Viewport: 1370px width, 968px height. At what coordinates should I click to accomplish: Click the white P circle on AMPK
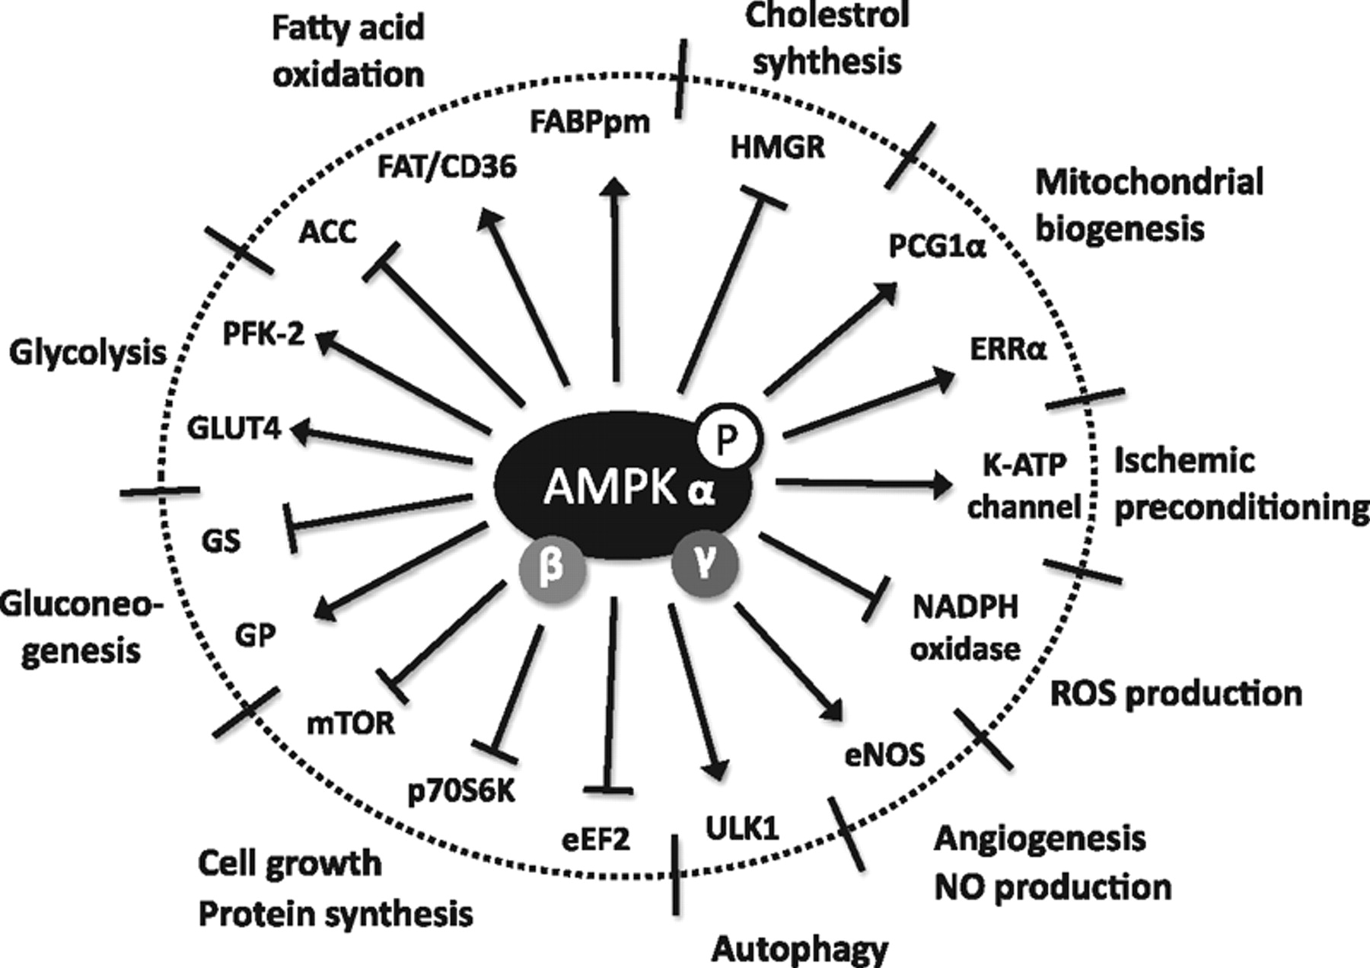click(728, 438)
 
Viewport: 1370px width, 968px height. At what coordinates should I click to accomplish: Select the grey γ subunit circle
click(704, 565)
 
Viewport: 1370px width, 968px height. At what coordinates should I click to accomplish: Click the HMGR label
click(777, 147)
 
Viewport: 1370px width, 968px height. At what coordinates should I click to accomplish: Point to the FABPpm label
click(590, 121)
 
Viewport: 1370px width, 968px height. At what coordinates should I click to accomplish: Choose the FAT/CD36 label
click(447, 166)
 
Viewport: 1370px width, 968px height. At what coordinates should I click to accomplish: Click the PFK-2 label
click(263, 334)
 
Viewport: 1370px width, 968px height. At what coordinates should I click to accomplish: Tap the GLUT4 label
click(234, 429)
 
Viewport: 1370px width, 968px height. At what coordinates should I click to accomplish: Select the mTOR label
click(350, 723)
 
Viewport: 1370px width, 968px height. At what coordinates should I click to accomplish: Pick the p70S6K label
click(461, 791)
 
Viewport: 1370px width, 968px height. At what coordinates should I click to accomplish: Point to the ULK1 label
click(742, 827)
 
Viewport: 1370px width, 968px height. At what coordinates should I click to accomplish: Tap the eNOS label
click(884, 754)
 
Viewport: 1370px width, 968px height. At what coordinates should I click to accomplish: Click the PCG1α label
click(937, 247)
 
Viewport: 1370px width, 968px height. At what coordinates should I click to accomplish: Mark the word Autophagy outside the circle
click(800, 949)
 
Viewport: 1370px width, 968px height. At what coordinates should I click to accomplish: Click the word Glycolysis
click(88, 353)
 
